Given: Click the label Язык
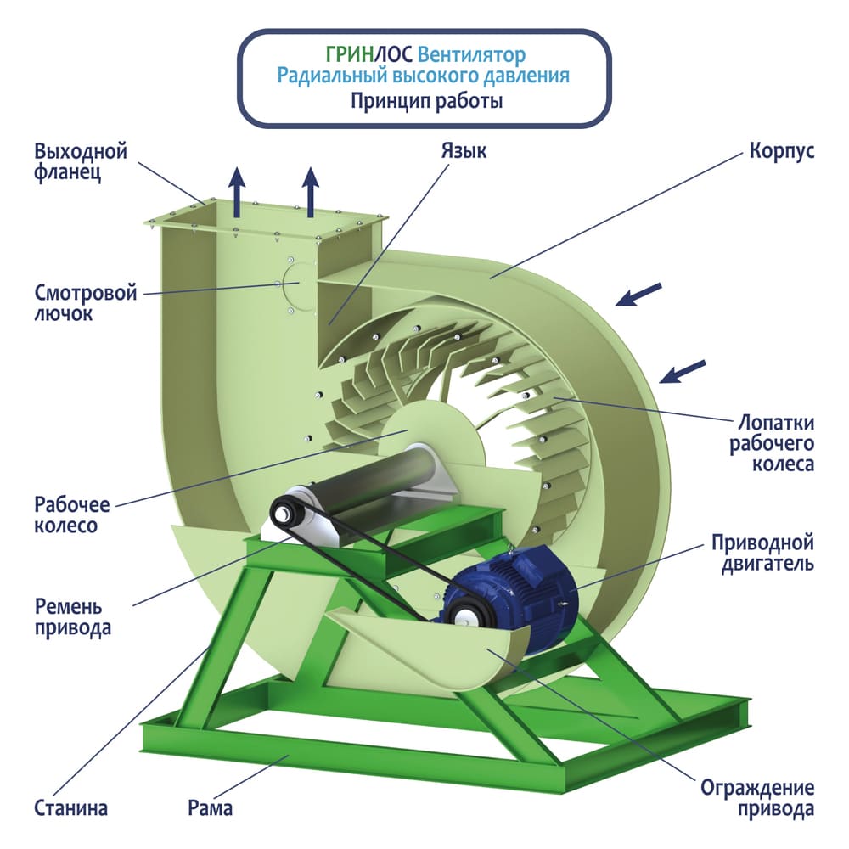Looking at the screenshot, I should [x=463, y=151].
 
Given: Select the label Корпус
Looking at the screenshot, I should [x=781, y=151].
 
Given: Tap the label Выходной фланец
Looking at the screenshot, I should [x=81, y=162].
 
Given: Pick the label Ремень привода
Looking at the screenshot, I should [x=73, y=617].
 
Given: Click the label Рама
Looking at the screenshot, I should [x=210, y=807].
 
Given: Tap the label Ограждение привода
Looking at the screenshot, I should [x=757, y=798].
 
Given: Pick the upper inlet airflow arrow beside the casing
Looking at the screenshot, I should [x=637, y=294].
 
